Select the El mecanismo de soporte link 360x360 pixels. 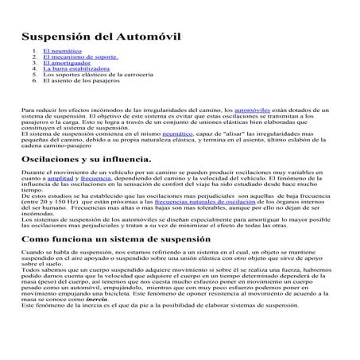tap(80, 57)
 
